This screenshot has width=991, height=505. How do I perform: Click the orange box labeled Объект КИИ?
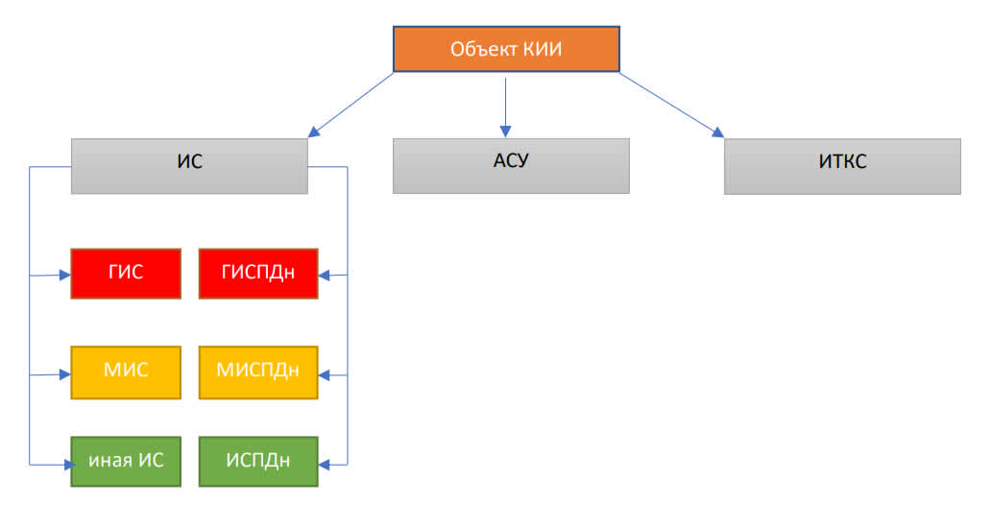[506, 49]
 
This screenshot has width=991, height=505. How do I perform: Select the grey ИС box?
[189, 166]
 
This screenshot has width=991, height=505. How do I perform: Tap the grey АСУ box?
[511, 166]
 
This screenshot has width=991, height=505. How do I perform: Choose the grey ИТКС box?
[842, 166]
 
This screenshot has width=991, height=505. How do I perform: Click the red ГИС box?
[126, 273]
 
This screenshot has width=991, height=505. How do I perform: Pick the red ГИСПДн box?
[258, 273]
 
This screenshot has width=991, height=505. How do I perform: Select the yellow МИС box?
[126, 373]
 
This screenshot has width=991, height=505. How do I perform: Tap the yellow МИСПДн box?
[258, 373]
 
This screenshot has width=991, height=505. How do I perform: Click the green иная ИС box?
[126, 462]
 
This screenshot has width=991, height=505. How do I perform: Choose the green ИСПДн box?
[258, 462]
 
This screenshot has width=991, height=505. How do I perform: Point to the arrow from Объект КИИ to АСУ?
[505, 107]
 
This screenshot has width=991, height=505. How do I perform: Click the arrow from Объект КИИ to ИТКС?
[671, 105]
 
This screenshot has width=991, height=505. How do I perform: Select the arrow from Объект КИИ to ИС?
[350, 105]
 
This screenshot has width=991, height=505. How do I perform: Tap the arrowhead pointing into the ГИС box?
[65, 275]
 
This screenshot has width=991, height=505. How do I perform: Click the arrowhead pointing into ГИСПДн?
[325, 275]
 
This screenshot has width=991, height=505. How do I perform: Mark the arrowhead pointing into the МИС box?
[65, 374]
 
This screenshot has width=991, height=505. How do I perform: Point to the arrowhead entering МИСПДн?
[325, 374]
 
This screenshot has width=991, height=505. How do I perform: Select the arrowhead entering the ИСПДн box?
[325, 465]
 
